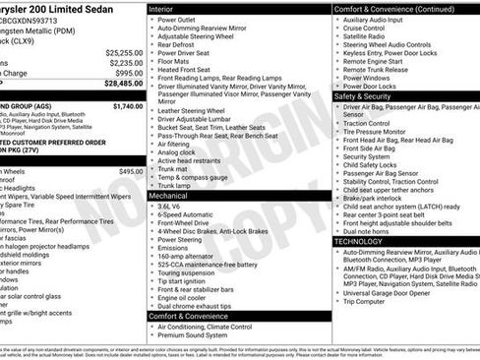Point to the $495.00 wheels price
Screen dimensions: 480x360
click(x=131, y=170)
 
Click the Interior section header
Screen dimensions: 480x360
click(x=161, y=8)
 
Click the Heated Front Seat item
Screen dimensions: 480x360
click(x=186, y=70)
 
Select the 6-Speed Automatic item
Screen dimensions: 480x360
click(x=187, y=215)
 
